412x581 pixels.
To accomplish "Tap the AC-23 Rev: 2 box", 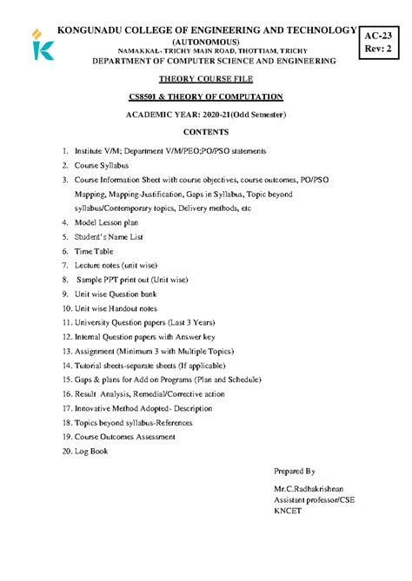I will [382, 42].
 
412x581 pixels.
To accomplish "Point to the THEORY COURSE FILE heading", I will [205, 79].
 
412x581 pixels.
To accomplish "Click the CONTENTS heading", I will [206, 133].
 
